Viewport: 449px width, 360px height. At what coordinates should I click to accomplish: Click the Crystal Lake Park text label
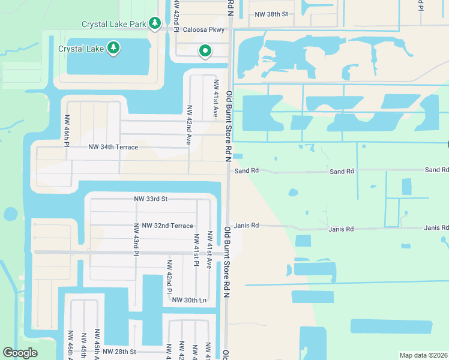pos(114,24)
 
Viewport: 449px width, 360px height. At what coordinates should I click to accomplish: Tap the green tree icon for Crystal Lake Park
pos(155,23)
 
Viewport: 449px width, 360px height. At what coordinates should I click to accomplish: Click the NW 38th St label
pos(271,14)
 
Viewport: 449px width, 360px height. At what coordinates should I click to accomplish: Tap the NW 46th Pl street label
pos(67,126)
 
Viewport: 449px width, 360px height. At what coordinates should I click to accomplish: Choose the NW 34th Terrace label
pos(113,147)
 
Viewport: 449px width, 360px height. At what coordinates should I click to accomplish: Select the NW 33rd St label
pos(151,199)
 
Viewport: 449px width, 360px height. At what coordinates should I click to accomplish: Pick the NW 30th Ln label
pos(189,300)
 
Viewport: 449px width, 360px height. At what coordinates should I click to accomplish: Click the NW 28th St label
pos(119,352)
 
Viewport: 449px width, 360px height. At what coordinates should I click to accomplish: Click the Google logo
pos(20,353)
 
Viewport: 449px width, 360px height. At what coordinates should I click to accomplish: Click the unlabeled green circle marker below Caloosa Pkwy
pos(205,52)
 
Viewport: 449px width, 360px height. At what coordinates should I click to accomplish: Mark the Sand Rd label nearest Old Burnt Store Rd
pos(246,171)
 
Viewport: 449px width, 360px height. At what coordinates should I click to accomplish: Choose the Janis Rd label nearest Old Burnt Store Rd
pos(246,226)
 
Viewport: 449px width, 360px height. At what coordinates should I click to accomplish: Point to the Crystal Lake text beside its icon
pos(81,49)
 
